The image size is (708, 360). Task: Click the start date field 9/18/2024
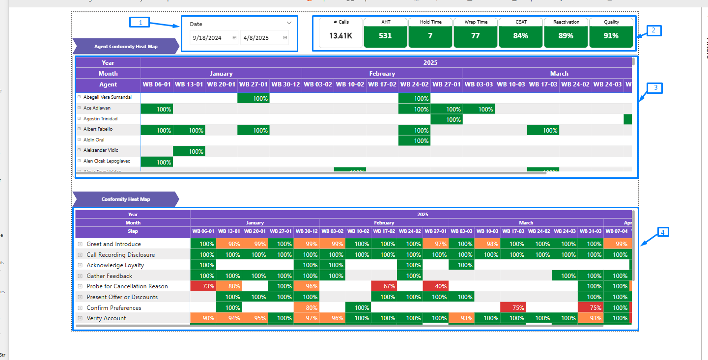208,38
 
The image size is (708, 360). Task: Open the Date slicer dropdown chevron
289,23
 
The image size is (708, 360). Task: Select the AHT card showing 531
386,36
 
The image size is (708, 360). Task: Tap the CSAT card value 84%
521,36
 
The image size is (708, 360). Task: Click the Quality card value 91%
611,36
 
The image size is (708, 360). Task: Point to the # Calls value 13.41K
340,36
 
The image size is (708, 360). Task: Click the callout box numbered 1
140,22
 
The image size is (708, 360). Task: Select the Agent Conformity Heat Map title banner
126,47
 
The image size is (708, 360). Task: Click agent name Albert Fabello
98,129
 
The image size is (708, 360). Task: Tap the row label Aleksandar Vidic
100,150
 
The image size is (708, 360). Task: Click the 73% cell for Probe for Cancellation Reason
203,286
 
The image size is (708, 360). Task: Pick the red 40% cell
435,286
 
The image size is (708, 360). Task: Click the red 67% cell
384,286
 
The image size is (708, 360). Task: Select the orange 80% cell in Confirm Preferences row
307,308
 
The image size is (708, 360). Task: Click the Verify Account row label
106,318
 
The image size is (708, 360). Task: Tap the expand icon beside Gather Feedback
80,276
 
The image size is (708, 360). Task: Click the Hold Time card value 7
430,36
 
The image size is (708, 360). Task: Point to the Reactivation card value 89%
566,36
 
